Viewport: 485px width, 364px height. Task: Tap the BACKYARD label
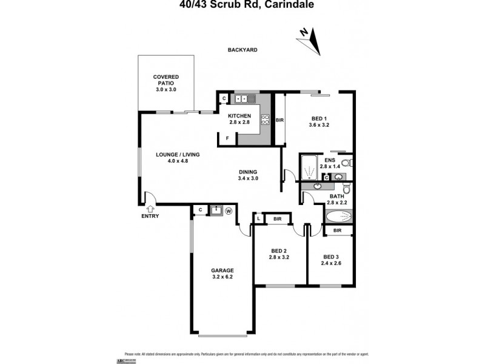click(242, 50)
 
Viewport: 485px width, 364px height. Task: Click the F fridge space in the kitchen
click(227, 138)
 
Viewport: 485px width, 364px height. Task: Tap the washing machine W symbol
click(229, 211)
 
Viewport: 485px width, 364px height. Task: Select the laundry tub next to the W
click(215, 211)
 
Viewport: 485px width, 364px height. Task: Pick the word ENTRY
click(150, 217)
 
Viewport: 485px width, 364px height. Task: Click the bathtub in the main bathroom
click(337, 217)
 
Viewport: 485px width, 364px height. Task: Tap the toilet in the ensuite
click(346, 163)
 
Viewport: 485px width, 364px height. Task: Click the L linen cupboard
click(258, 218)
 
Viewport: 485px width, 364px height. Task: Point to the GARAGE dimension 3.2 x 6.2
click(222, 278)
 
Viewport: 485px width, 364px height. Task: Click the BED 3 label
click(333, 257)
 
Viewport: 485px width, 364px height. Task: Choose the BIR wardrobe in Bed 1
click(279, 120)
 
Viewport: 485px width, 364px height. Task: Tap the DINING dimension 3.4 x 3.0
click(249, 178)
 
